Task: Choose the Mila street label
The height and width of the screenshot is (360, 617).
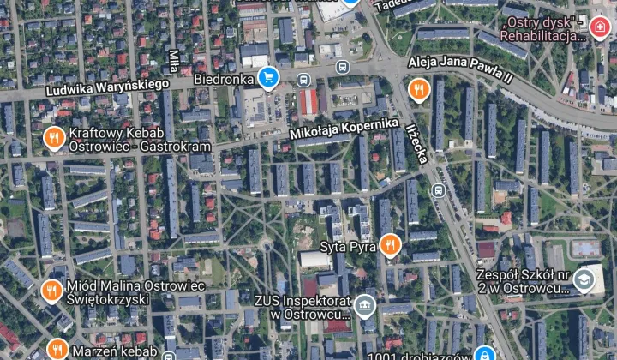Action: pos(173,61)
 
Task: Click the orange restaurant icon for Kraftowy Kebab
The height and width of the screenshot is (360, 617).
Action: pos(54,138)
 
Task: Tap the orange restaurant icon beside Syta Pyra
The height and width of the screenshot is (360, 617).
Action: pos(390,246)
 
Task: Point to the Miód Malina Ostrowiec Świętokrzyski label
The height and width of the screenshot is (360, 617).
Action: pos(108,292)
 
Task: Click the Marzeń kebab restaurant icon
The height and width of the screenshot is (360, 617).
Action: pos(57,350)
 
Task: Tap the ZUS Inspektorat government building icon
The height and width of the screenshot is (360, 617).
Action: pos(365,306)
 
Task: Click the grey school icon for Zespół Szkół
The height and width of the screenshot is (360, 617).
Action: pos(584,279)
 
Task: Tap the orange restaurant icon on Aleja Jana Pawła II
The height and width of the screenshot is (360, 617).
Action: pos(418,88)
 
